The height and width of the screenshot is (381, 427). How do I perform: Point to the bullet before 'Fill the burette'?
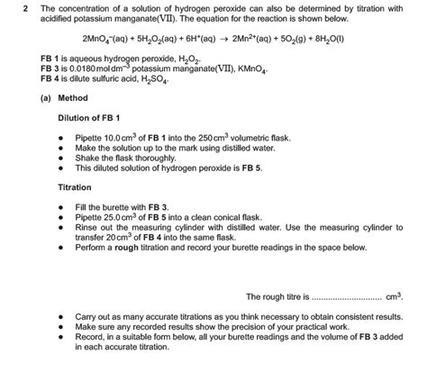(60, 207)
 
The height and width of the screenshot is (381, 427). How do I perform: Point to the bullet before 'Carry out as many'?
(60, 318)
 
